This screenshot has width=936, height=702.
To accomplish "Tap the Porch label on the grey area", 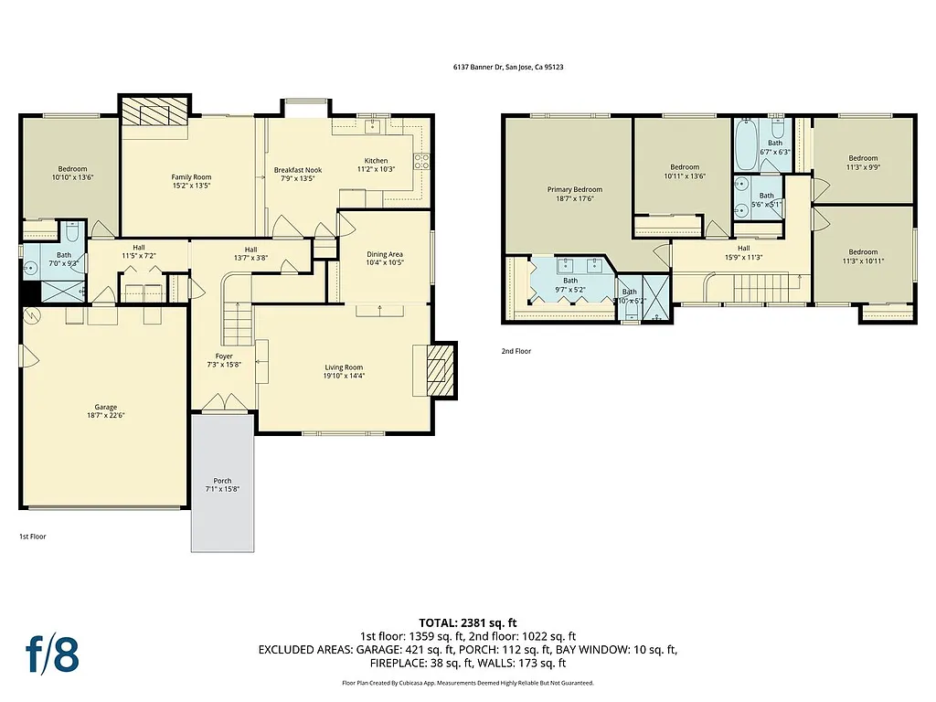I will pyautogui.click(x=222, y=481).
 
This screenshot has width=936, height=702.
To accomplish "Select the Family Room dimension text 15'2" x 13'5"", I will pyautogui.click(x=191, y=186).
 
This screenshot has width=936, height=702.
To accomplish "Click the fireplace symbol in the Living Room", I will pyautogui.click(x=440, y=370).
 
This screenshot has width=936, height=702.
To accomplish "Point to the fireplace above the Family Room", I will pyautogui.click(x=154, y=112).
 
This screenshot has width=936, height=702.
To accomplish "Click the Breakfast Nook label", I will pyautogui.click(x=298, y=170).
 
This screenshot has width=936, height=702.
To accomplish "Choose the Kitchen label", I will pyautogui.click(x=376, y=161).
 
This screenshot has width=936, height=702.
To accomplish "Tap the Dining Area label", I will pyautogui.click(x=384, y=254).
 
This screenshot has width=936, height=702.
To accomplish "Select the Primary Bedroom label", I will pyautogui.click(x=574, y=189).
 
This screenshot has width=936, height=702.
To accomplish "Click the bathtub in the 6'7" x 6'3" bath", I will pyautogui.click(x=744, y=145).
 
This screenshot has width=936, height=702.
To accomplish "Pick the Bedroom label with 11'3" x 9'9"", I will pyautogui.click(x=862, y=158).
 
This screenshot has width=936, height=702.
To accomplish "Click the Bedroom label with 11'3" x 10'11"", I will pyautogui.click(x=862, y=252).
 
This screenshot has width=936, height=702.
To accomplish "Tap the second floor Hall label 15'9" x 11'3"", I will pyautogui.click(x=743, y=248).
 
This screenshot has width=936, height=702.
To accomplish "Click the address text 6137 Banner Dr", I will pyautogui.click(x=507, y=67).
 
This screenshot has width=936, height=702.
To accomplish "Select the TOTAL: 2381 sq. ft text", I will pyautogui.click(x=468, y=622).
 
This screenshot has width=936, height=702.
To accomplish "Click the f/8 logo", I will pyautogui.click(x=51, y=654).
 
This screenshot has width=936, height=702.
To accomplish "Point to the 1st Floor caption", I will pyautogui.click(x=32, y=537).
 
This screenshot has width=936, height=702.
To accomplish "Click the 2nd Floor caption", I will pyautogui.click(x=516, y=351).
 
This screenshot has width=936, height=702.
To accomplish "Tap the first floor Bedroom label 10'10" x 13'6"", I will pyautogui.click(x=72, y=169).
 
